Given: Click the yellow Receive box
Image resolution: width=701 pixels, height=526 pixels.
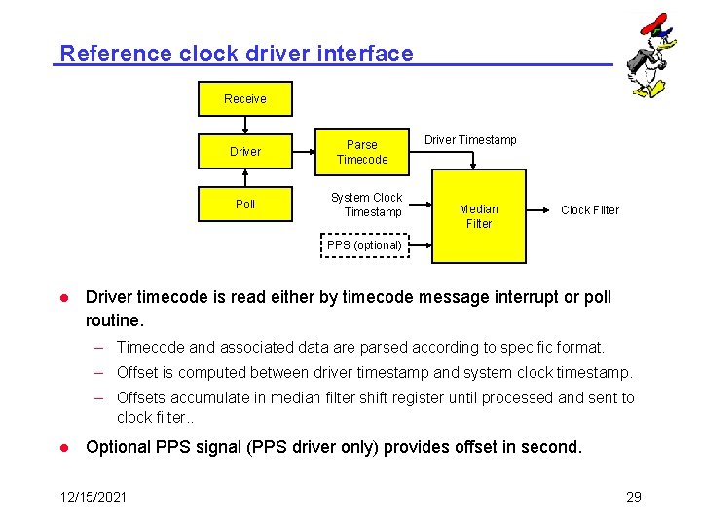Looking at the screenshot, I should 244,98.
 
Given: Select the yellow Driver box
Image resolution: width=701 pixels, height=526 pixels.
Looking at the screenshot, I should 244,151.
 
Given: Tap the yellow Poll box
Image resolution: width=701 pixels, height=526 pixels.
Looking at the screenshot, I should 244,204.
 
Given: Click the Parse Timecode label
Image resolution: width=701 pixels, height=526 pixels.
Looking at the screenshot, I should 362,152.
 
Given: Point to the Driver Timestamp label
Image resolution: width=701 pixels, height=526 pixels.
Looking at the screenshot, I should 470,140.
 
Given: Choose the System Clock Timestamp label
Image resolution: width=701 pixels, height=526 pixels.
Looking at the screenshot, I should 367,205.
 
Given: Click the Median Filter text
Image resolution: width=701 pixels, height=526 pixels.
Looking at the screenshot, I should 479,216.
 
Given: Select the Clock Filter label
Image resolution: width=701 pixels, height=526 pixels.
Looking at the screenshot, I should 590,210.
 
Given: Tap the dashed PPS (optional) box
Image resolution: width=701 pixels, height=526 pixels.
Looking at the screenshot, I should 364,245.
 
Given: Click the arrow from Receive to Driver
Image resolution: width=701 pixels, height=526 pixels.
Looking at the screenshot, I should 245,125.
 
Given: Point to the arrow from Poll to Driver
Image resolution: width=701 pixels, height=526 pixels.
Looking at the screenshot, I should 245,176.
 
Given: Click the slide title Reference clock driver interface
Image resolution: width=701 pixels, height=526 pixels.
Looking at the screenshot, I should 236,54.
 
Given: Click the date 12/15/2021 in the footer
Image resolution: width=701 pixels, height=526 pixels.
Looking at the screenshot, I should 92,497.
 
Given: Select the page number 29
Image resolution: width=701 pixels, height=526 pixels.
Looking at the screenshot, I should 633,497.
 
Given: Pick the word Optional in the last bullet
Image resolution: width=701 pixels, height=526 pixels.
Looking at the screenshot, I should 121,447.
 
